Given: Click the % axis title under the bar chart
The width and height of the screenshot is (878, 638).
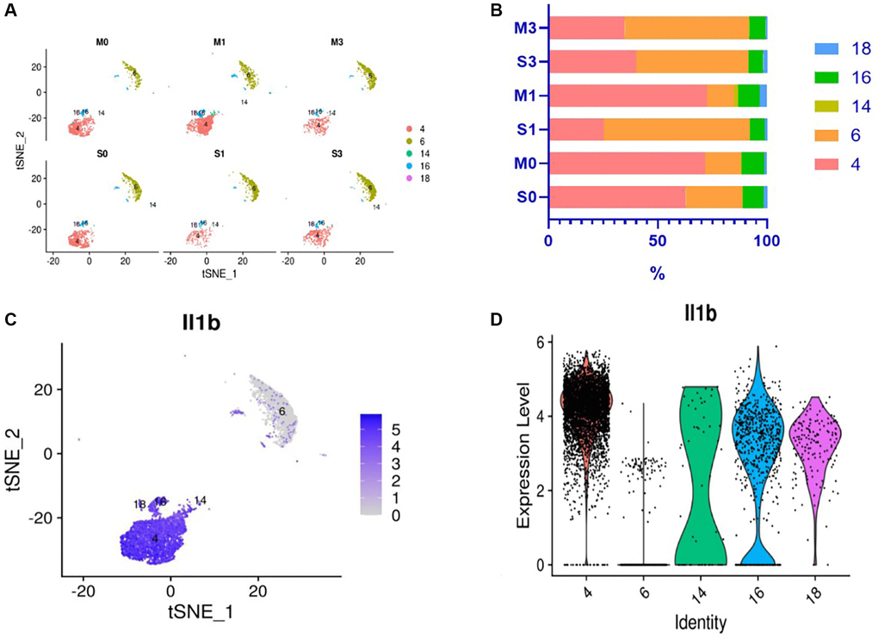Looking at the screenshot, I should pos(657,273).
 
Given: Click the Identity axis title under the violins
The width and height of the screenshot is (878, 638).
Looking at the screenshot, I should pos(700,620).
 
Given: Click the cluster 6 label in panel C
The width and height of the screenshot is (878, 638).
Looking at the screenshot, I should pos(281,412).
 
